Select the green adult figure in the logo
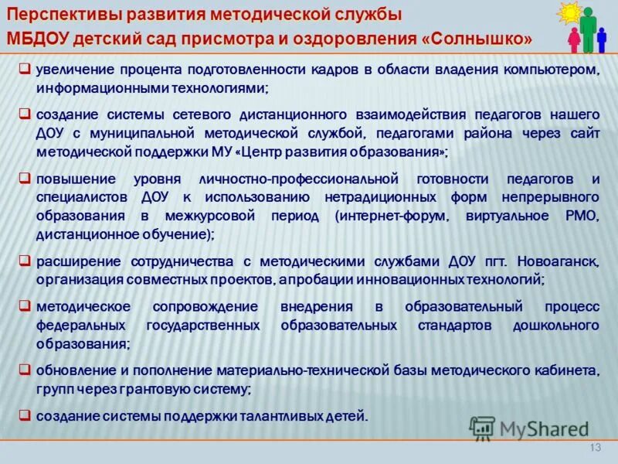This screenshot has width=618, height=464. coord(589,28)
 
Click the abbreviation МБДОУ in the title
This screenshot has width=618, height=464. coord(39,39)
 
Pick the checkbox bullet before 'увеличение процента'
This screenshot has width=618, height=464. coord(25,69)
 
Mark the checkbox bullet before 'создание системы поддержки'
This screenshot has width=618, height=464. coord(25,415)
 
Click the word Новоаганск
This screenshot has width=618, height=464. coord(560,260)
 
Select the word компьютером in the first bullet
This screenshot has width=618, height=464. coord(559,70)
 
